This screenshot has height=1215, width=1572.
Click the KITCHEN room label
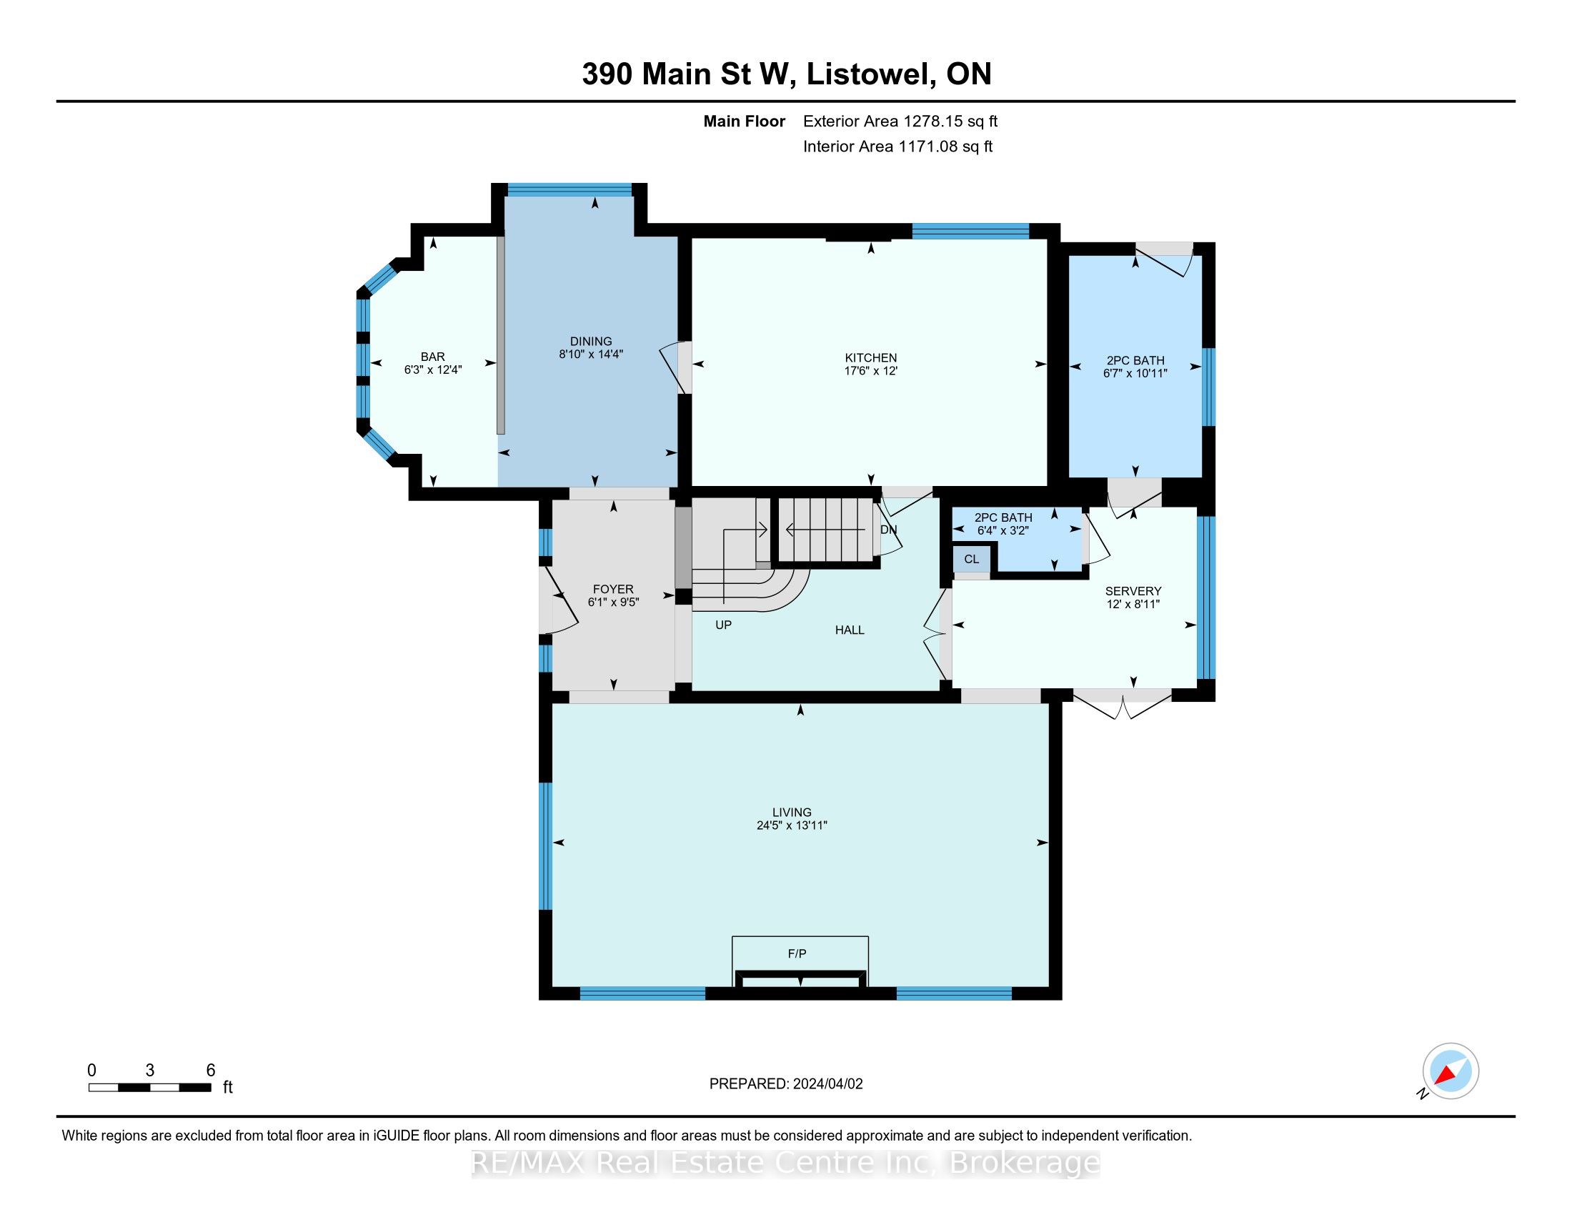point(871,358)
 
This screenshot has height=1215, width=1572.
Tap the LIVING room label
point(792,812)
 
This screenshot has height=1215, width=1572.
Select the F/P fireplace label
point(797,953)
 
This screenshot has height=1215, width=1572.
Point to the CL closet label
point(972,560)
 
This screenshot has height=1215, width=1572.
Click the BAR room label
point(432,357)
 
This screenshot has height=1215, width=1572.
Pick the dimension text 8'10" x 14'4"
point(591,354)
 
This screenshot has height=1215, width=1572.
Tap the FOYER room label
point(613,589)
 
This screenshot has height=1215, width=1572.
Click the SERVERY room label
point(1133,591)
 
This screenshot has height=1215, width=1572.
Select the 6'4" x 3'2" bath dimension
point(1003,530)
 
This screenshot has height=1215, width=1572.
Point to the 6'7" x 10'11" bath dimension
point(1135,374)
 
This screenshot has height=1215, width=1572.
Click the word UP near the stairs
point(723,625)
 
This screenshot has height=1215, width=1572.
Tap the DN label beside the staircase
point(889,530)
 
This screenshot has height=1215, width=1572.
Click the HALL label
point(850,630)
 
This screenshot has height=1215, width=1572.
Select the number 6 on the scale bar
point(211,1071)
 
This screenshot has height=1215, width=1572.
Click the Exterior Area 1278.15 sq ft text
point(900,121)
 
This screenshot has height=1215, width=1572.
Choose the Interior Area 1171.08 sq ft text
point(897,146)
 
